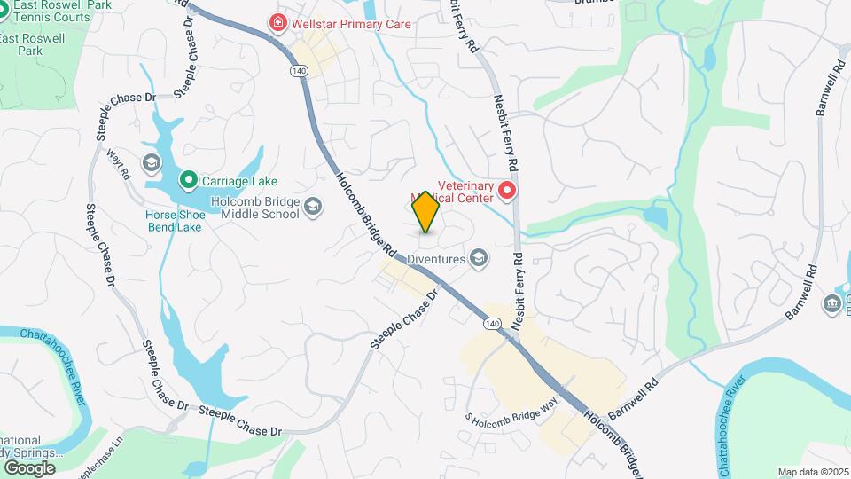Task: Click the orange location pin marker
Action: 425,212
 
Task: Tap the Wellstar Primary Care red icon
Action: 278,23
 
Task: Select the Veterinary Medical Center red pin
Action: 507,190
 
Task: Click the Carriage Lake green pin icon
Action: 188,181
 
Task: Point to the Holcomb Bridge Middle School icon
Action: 312,208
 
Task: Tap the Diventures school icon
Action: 479,258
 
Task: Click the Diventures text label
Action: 436,259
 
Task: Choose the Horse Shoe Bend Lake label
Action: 174,220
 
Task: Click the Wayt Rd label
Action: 118,164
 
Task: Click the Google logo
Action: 29,467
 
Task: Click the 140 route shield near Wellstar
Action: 297,70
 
